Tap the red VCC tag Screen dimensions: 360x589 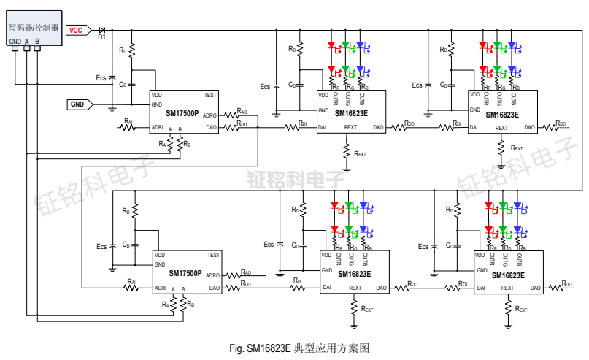pyautogui.click(x=77, y=30)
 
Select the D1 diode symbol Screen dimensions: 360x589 pyautogui.click(x=102, y=30)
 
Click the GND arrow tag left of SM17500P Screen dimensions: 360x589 pyautogui.click(x=79, y=104)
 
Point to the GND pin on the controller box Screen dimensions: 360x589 pyautogui.click(x=15, y=41)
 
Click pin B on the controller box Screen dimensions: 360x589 pyautogui.click(x=36, y=41)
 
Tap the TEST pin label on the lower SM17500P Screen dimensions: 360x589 pyautogui.click(x=214, y=256)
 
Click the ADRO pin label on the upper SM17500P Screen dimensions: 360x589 pyautogui.click(x=209, y=115)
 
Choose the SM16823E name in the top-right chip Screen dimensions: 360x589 pyautogui.click(x=502, y=115)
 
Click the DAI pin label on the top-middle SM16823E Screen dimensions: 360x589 pyautogui.click(x=322, y=128)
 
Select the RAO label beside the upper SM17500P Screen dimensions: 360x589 pyautogui.click(x=241, y=112)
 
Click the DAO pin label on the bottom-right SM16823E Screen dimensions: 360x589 pyautogui.click(x=535, y=288)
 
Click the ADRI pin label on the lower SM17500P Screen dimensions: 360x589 pyautogui.click(x=161, y=288)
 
